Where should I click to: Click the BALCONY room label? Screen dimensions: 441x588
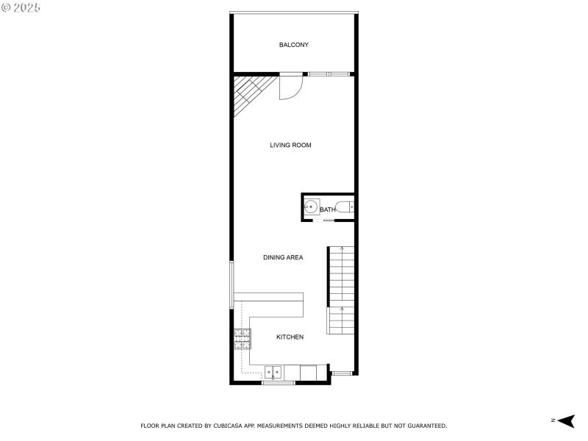click(x=293, y=45)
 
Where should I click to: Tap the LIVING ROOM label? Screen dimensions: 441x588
click(x=290, y=145)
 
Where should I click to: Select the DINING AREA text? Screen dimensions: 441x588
click(x=283, y=257)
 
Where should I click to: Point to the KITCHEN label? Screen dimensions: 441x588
click(x=290, y=337)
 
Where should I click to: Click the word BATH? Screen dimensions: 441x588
click(x=328, y=209)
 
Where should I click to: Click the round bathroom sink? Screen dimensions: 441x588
click(x=312, y=207)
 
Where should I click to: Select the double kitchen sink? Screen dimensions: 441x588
click(x=273, y=373)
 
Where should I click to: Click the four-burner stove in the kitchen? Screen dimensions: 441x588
click(x=243, y=338)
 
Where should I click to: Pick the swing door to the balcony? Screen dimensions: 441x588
click(x=290, y=86)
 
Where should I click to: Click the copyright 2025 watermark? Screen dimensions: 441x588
click(x=21, y=7)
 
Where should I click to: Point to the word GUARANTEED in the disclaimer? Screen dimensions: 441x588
click(x=425, y=426)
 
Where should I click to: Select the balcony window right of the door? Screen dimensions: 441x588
click(x=328, y=73)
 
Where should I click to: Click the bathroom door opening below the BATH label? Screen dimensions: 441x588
click(x=329, y=220)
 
